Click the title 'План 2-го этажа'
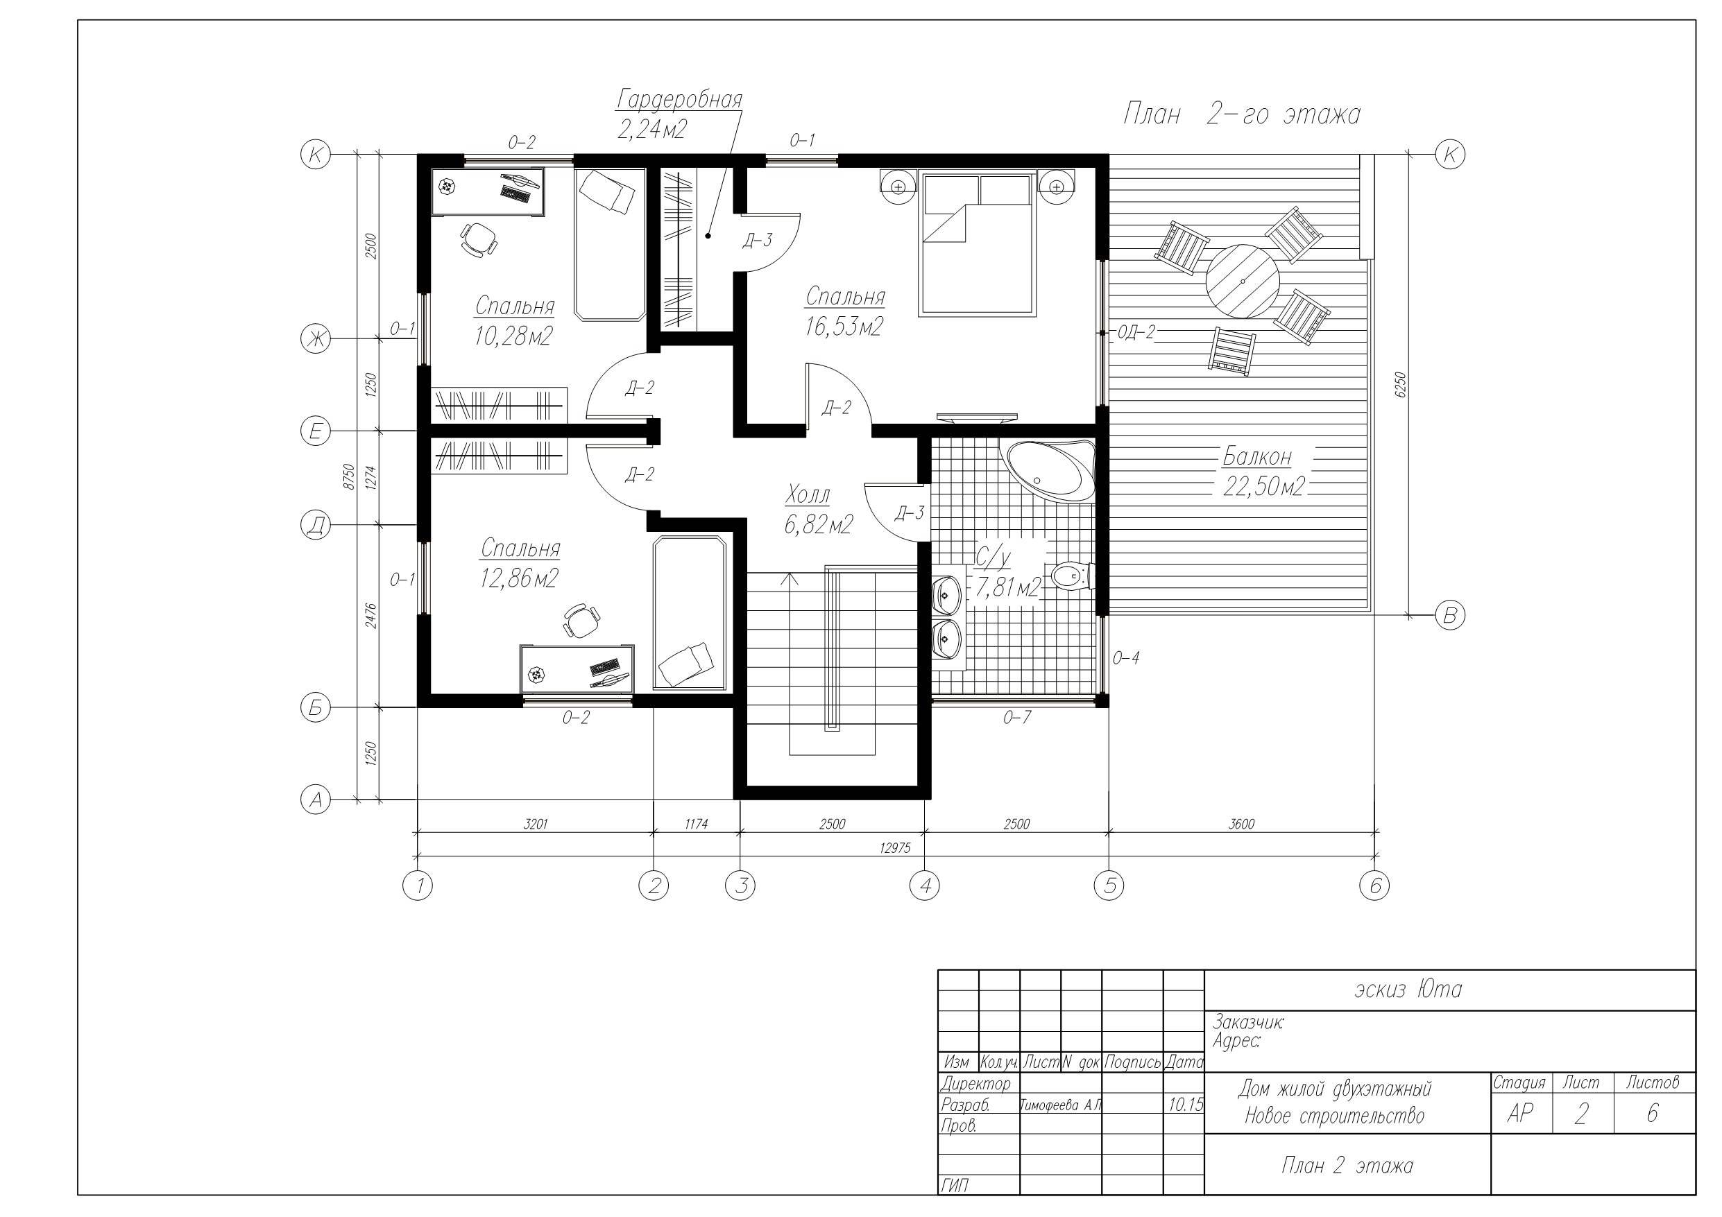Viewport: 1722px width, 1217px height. [x=1241, y=114]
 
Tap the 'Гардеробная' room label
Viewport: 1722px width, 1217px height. [x=679, y=99]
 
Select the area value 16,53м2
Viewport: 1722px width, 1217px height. [x=844, y=327]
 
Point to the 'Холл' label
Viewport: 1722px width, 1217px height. [x=808, y=495]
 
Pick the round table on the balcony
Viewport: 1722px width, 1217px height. [x=1243, y=281]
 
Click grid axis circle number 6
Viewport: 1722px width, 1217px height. [x=1374, y=886]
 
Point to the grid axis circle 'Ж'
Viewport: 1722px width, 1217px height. [x=315, y=339]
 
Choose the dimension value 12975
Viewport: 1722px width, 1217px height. [x=895, y=848]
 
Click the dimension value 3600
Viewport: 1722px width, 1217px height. [x=1241, y=824]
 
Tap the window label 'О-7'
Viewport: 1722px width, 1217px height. [x=1017, y=718]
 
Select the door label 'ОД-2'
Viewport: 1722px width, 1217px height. [x=1136, y=332]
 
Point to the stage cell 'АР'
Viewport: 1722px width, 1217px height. [x=1519, y=1114]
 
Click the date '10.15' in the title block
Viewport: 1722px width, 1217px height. [x=1185, y=1105]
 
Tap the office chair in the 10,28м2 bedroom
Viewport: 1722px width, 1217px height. [x=478, y=239]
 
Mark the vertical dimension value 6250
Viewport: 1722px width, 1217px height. [x=1399, y=384]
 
